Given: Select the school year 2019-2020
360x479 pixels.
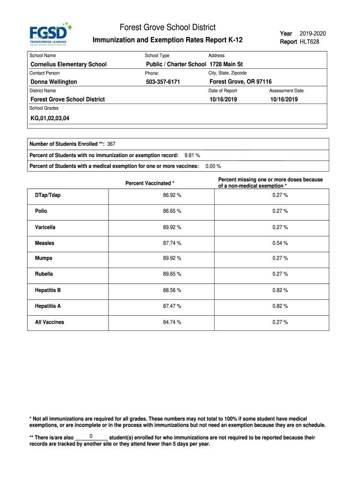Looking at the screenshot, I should (x=313, y=33).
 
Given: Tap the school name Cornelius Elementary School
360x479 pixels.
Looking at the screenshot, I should (x=68, y=64).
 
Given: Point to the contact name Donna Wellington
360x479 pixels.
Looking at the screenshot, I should (x=54, y=82).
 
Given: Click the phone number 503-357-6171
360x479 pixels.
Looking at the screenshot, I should (x=163, y=82).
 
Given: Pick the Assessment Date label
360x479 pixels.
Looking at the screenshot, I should (x=286, y=91).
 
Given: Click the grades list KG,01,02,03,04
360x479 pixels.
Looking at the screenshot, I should (x=50, y=118).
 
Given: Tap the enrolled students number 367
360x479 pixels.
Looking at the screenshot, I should (x=111, y=144).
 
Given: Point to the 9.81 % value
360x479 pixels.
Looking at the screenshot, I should (x=192, y=155).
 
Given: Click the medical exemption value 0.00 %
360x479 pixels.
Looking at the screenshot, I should (x=213, y=166).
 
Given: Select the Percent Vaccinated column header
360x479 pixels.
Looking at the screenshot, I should (x=150, y=183).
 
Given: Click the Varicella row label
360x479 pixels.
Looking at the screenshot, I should (x=45, y=227).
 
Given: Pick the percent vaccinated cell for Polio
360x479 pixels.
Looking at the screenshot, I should (x=172, y=211).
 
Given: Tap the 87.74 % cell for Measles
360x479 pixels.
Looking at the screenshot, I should (x=172, y=243).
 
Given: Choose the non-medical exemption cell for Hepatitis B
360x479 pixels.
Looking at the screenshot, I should (x=280, y=290).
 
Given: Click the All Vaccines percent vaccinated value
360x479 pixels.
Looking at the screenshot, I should (x=172, y=322).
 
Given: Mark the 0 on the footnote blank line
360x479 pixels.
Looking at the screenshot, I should (x=91, y=436).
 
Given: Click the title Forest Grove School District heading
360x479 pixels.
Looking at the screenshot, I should (x=168, y=28).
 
